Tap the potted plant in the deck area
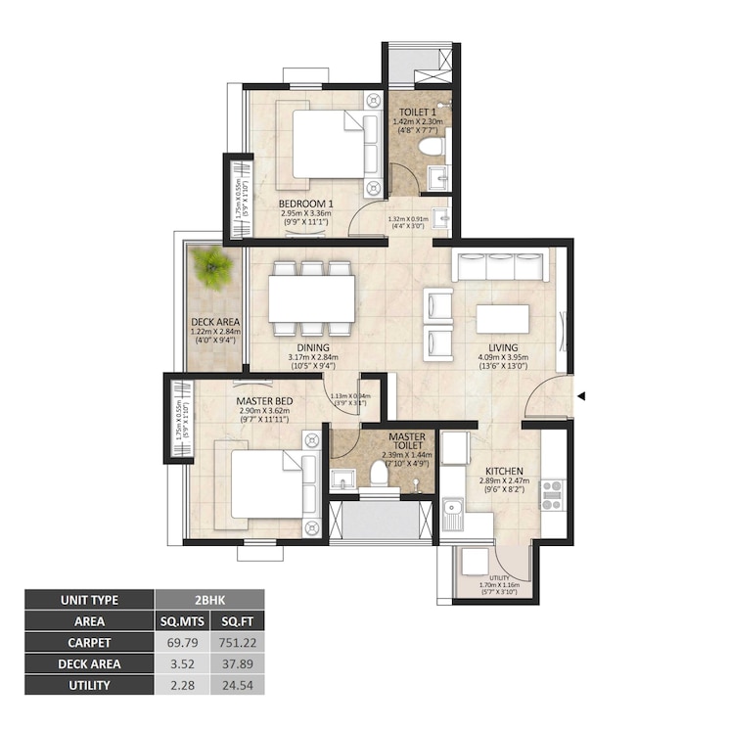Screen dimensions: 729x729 click(x=210, y=267)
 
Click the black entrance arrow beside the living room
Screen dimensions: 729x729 click(x=581, y=396)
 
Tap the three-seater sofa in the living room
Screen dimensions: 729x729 click(x=500, y=267)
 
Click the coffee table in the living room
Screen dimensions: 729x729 click(x=502, y=319)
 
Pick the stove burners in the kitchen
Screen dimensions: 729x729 click(x=552, y=494)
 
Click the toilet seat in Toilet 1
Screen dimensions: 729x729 click(x=431, y=148)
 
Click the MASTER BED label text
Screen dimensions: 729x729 click(x=261, y=400)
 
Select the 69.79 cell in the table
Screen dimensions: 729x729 click(x=182, y=643)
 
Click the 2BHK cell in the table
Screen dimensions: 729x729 click(x=209, y=600)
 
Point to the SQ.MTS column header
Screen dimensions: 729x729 click(x=182, y=621)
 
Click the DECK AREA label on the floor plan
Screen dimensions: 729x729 click(x=215, y=321)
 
